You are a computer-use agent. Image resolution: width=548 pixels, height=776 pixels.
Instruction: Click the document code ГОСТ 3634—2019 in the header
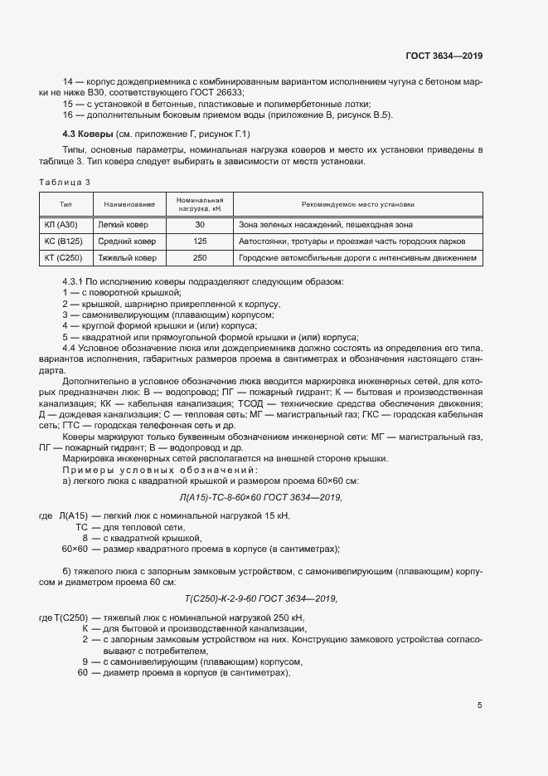coord(444,56)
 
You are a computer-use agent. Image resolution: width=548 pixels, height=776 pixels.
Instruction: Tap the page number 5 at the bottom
coord(480,705)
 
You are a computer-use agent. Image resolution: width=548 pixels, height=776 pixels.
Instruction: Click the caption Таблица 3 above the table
coord(65,182)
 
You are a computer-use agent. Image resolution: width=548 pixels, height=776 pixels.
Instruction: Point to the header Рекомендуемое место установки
coord(358,204)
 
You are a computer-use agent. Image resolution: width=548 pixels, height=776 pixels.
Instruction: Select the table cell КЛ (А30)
coord(61,225)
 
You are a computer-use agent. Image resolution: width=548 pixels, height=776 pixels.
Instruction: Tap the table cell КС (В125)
coord(63,242)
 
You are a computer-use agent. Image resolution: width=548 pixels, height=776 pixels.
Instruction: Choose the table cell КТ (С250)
coord(63,258)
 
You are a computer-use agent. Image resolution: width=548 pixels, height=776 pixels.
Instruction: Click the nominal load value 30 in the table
coord(200,225)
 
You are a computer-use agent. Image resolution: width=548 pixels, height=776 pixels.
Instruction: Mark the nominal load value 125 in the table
coord(200,242)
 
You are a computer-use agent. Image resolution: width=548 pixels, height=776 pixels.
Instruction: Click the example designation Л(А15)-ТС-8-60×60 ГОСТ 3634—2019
coord(260,497)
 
